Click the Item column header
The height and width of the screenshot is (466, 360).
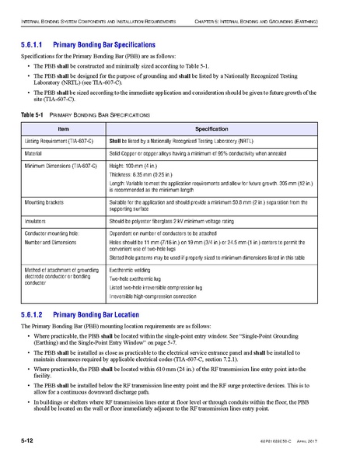pyautogui.click(x=64, y=128)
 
